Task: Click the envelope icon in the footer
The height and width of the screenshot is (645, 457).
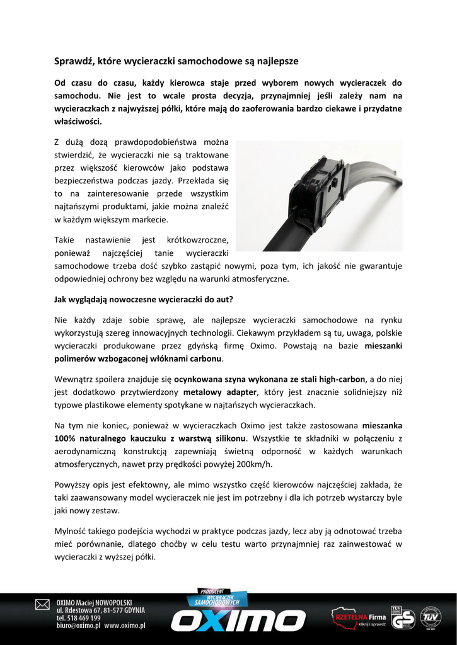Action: coord(42,605)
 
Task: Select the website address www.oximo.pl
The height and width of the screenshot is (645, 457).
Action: coord(125,626)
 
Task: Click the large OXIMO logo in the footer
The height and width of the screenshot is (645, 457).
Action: coord(238,620)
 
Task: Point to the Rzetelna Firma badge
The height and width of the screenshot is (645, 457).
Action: coord(359,618)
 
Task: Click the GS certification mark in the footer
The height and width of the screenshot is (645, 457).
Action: coord(403,620)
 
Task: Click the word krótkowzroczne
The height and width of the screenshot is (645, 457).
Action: coord(197,239)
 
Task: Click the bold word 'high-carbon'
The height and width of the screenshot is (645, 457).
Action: coord(342,379)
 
